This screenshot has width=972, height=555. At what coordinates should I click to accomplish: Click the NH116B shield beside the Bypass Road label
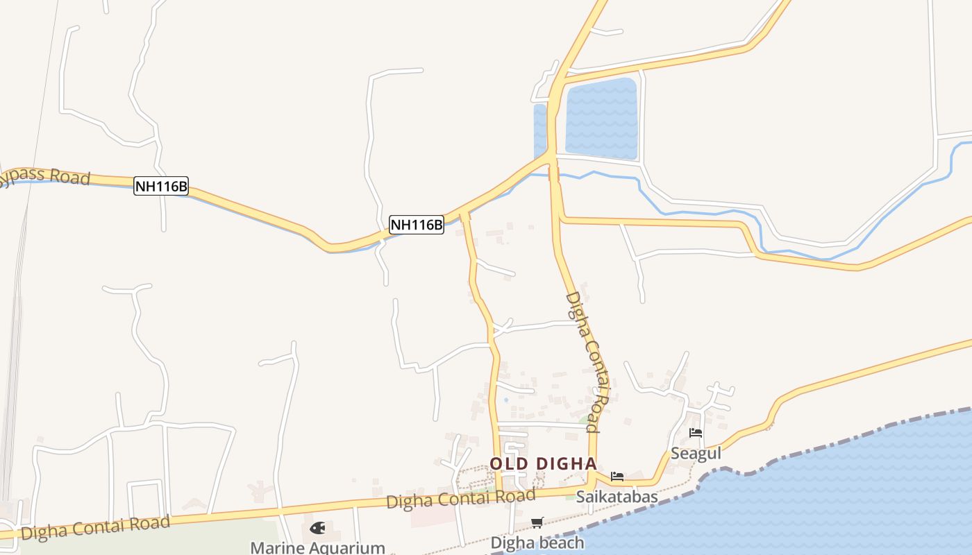(161, 186)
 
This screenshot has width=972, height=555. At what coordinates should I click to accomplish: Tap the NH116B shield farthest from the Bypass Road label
(416, 225)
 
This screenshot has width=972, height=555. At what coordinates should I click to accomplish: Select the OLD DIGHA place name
(543, 463)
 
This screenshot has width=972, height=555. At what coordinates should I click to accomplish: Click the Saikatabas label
(617, 497)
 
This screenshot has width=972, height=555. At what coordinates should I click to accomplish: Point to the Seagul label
(696, 454)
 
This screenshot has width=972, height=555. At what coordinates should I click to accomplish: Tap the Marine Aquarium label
(317, 547)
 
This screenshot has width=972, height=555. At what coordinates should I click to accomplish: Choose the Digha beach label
(537, 543)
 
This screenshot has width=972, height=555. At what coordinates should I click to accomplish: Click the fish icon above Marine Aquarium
(317, 528)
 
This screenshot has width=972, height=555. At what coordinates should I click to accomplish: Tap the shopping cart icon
(537, 522)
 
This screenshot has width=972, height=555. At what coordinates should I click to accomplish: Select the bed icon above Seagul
(696, 433)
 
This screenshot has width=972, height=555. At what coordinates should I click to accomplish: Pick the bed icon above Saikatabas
(617, 477)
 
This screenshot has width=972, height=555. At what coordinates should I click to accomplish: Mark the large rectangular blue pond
(601, 118)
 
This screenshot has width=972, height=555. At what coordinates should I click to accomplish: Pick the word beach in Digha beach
(560, 543)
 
